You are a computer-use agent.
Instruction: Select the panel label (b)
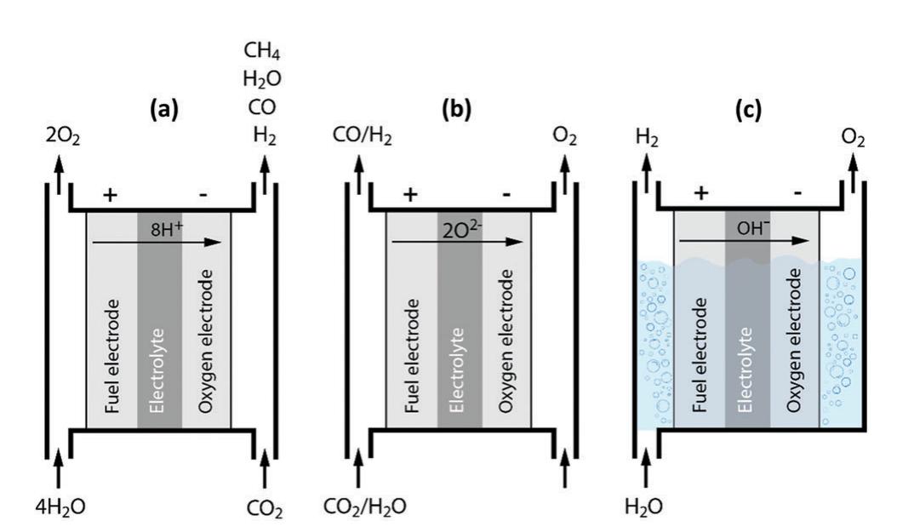[x=460, y=111]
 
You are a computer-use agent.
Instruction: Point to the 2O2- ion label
[x=461, y=227]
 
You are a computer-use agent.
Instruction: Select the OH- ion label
[x=749, y=227]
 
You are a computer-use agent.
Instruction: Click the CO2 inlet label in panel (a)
[x=266, y=510]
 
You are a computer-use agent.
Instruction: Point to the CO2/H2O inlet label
[x=364, y=508]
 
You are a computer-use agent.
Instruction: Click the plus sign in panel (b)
[x=410, y=195]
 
